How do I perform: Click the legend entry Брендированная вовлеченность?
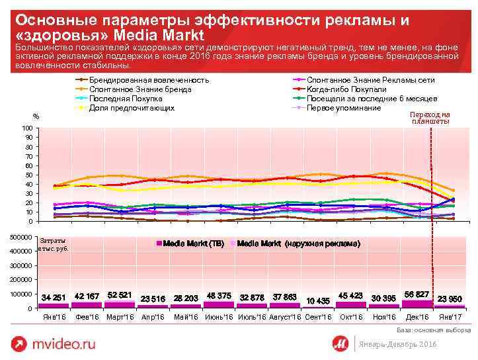[x=149, y=79]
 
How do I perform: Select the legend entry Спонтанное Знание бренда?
[x=140, y=89]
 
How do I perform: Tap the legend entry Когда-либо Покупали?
[x=346, y=89]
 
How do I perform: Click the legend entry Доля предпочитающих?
[x=132, y=107]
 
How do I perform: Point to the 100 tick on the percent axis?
[x=27, y=128]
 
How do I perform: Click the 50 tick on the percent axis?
[x=28, y=175]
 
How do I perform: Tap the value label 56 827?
[x=417, y=293]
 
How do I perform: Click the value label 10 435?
[x=318, y=301]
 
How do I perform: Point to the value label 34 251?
[x=54, y=297]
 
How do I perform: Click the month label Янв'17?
[x=451, y=318]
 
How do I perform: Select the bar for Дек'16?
[x=417, y=304]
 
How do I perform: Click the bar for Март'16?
[x=120, y=304]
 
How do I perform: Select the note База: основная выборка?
[x=433, y=329]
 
